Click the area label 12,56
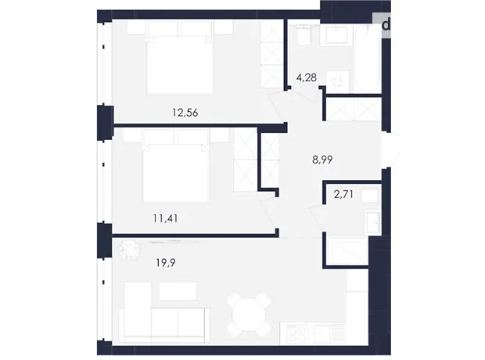(185, 113)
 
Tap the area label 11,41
(166, 218)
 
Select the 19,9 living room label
(166, 263)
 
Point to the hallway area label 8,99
(322, 160)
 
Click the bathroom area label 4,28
(306, 77)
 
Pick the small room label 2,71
(343, 194)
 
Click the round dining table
(249, 315)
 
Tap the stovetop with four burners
(297, 333)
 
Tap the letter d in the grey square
(386, 25)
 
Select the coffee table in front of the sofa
(178, 290)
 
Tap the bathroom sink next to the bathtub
(336, 35)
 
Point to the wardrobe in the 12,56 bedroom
(271, 54)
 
